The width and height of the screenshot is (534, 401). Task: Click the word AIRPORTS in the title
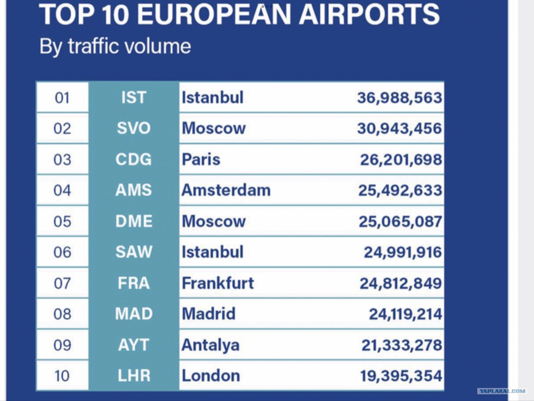(x=369, y=14)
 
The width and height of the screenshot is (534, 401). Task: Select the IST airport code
(x=134, y=97)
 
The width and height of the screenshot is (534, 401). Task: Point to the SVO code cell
(x=134, y=128)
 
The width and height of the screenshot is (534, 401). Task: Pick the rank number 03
(x=62, y=160)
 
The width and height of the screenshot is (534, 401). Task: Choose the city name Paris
(x=201, y=159)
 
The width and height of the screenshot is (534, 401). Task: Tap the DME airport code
(x=134, y=221)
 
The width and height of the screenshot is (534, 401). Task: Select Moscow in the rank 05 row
(x=214, y=221)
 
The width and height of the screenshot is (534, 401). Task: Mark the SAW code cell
(x=134, y=252)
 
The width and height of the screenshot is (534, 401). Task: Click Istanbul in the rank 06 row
(x=213, y=252)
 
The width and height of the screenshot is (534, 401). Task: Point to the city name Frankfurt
(x=218, y=283)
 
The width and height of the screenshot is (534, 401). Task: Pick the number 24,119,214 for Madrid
(x=406, y=314)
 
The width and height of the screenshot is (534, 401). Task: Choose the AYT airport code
(x=133, y=345)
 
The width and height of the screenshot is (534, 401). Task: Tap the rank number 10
(x=62, y=376)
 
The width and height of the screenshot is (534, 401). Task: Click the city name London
(x=211, y=376)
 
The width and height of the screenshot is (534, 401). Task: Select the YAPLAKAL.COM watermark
(x=502, y=391)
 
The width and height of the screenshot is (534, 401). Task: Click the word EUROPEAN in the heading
(x=214, y=14)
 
